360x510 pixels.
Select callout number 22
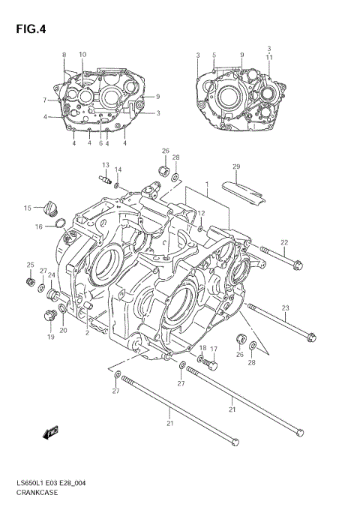pos(284,241)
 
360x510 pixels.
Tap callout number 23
pos(285,307)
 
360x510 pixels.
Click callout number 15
pos(27,208)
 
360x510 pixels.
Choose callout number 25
pos(31,265)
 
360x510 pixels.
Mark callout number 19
pos(51,337)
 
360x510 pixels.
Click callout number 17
pos(214,349)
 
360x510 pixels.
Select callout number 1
pos(207,184)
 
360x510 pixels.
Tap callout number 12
pos(200,214)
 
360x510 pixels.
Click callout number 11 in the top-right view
pos(269,56)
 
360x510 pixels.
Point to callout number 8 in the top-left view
pos(64,55)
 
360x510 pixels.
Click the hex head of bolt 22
pos(298,264)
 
